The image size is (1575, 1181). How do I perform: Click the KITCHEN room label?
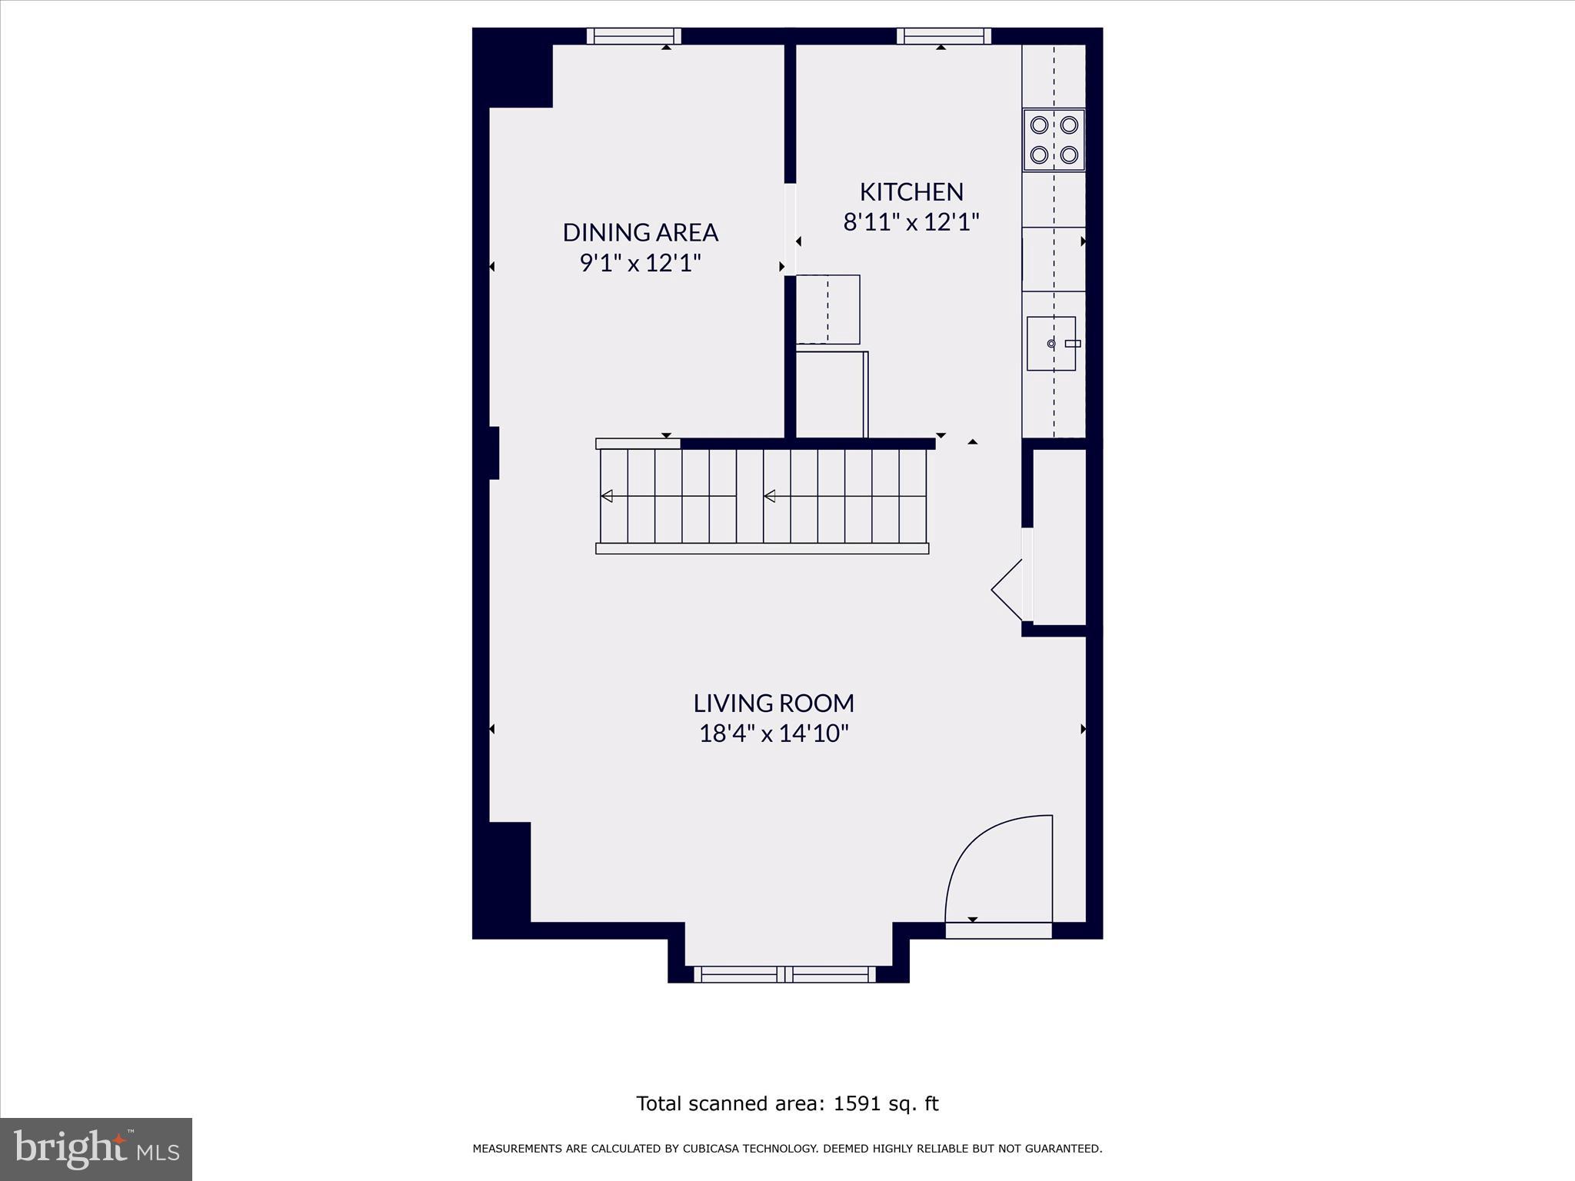pyautogui.click(x=911, y=191)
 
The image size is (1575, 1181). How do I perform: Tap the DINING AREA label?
pyautogui.click(x=640, y=232)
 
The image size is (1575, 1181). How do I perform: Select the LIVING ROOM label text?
pyautogui.click(x=774, y=703)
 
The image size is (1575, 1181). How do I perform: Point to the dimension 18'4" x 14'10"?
pyautogui.click(x=774, y=734)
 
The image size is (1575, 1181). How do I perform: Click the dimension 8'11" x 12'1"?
pyautogui.click(x=911, y=222)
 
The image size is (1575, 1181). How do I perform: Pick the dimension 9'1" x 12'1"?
pyautogui.click(x=640, y=263)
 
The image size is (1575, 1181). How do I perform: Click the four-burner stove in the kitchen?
pyautogui.click(x=1054, y=140)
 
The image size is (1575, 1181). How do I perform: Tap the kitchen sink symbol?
pyautogui.click(x=1051, y=344)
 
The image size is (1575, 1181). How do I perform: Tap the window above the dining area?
pyautogui.click(x=634, y=36)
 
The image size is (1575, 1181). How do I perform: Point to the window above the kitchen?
pyautogui.click(x=944, y=36)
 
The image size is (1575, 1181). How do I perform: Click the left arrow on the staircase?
pyautogui.click(x=607, y=496)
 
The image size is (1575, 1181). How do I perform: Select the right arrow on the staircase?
pyautogui.click(x=770, y=496)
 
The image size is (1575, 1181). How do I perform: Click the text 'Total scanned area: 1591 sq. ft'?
pyautogui.click(x=787, y=1103)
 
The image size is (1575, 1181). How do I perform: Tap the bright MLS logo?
pyautogui.click(x=96, y=1149)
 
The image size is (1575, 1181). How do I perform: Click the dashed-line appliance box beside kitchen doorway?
pyautogui.click(x=827, y=310)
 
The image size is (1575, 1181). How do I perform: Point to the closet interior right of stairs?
pyautogui.click(x=1059, y=537)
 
